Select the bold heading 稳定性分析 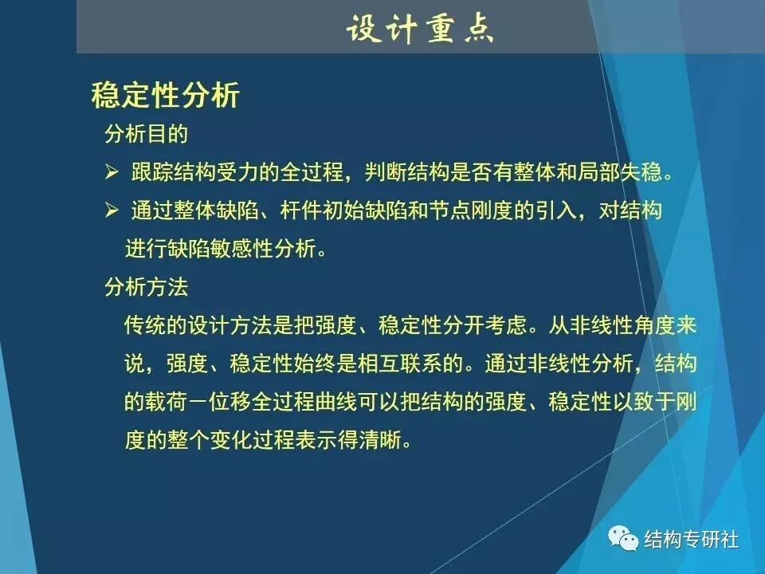[x=165, y=96]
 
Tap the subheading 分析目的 [x=146, y=133]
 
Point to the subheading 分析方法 [x=146, y=285]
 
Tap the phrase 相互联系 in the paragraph [x=415, y=364]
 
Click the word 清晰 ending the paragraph [x=384, y=441]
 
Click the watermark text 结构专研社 [x=692, y=540]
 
